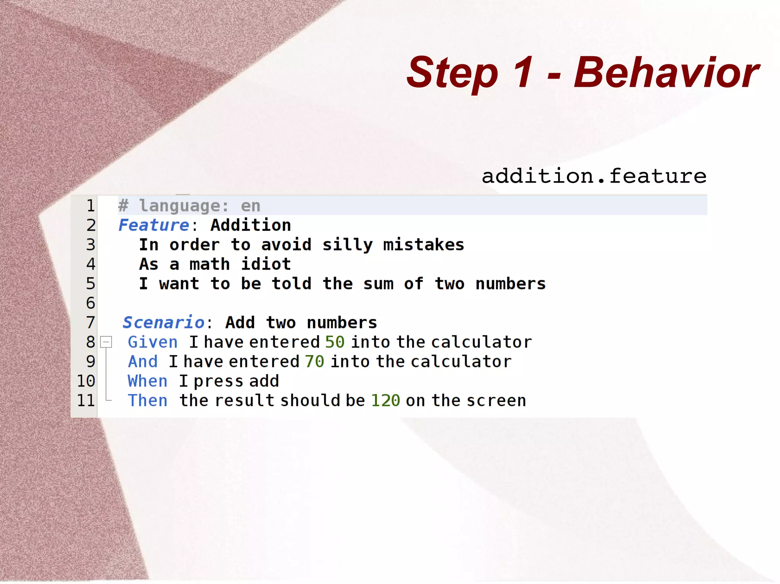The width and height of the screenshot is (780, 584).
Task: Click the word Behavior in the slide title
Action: click(x=667, y=72)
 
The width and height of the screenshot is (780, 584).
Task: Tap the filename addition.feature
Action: click(x=594, y=176)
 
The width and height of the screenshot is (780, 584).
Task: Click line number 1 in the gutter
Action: click(x=90, y=206)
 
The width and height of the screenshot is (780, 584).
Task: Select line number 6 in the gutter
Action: click(x=90, y=303)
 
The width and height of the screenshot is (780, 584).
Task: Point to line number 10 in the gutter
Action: click(x=86, y=381)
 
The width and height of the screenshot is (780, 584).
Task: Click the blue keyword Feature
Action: click(x=153, y=225)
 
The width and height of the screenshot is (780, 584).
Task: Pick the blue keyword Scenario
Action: click(x=164, y=323)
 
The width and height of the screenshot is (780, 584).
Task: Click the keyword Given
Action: click(x=153, y=342)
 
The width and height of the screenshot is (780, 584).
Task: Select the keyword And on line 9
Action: click(x=143, y=361)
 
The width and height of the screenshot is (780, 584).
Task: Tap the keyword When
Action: click(x=147, y=381)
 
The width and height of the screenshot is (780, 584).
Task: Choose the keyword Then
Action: click(x=147, y=401)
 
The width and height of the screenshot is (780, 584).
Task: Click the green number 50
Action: click(x=335, y=342)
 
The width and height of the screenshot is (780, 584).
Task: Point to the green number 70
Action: click(x=315, y=361)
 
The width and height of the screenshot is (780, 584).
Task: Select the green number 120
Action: click(x=385, y=401)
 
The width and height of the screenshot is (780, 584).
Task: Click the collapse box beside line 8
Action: click(x=106, y=342)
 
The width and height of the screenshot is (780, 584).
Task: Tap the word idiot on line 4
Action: click(x=266, y=264)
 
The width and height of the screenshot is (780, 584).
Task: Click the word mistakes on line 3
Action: click(x=424, y=245)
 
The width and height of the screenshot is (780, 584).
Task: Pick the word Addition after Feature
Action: click(x=251, y=225)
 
